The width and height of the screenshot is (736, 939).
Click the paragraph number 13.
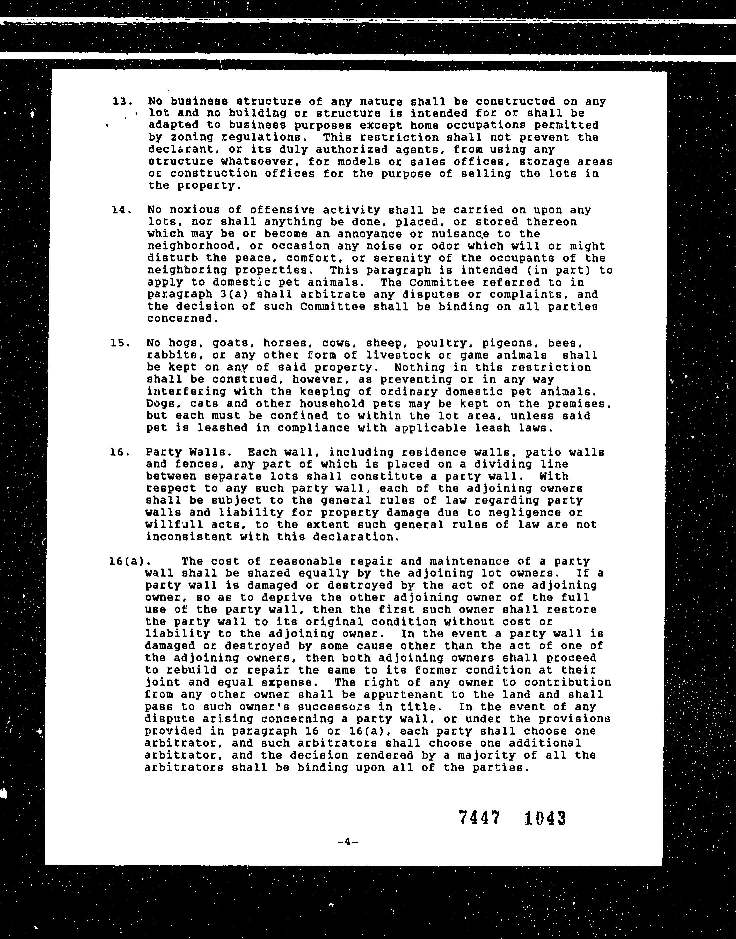pos(121,102)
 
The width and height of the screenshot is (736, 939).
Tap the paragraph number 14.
pos(121,210)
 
